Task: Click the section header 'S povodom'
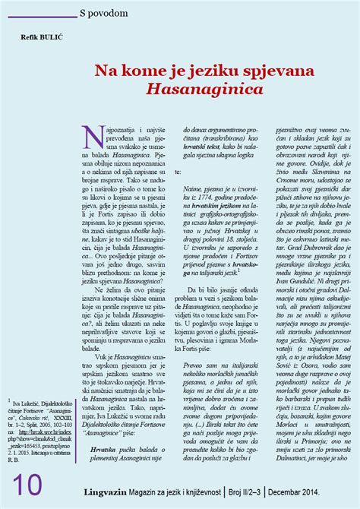tap(109, 14)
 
